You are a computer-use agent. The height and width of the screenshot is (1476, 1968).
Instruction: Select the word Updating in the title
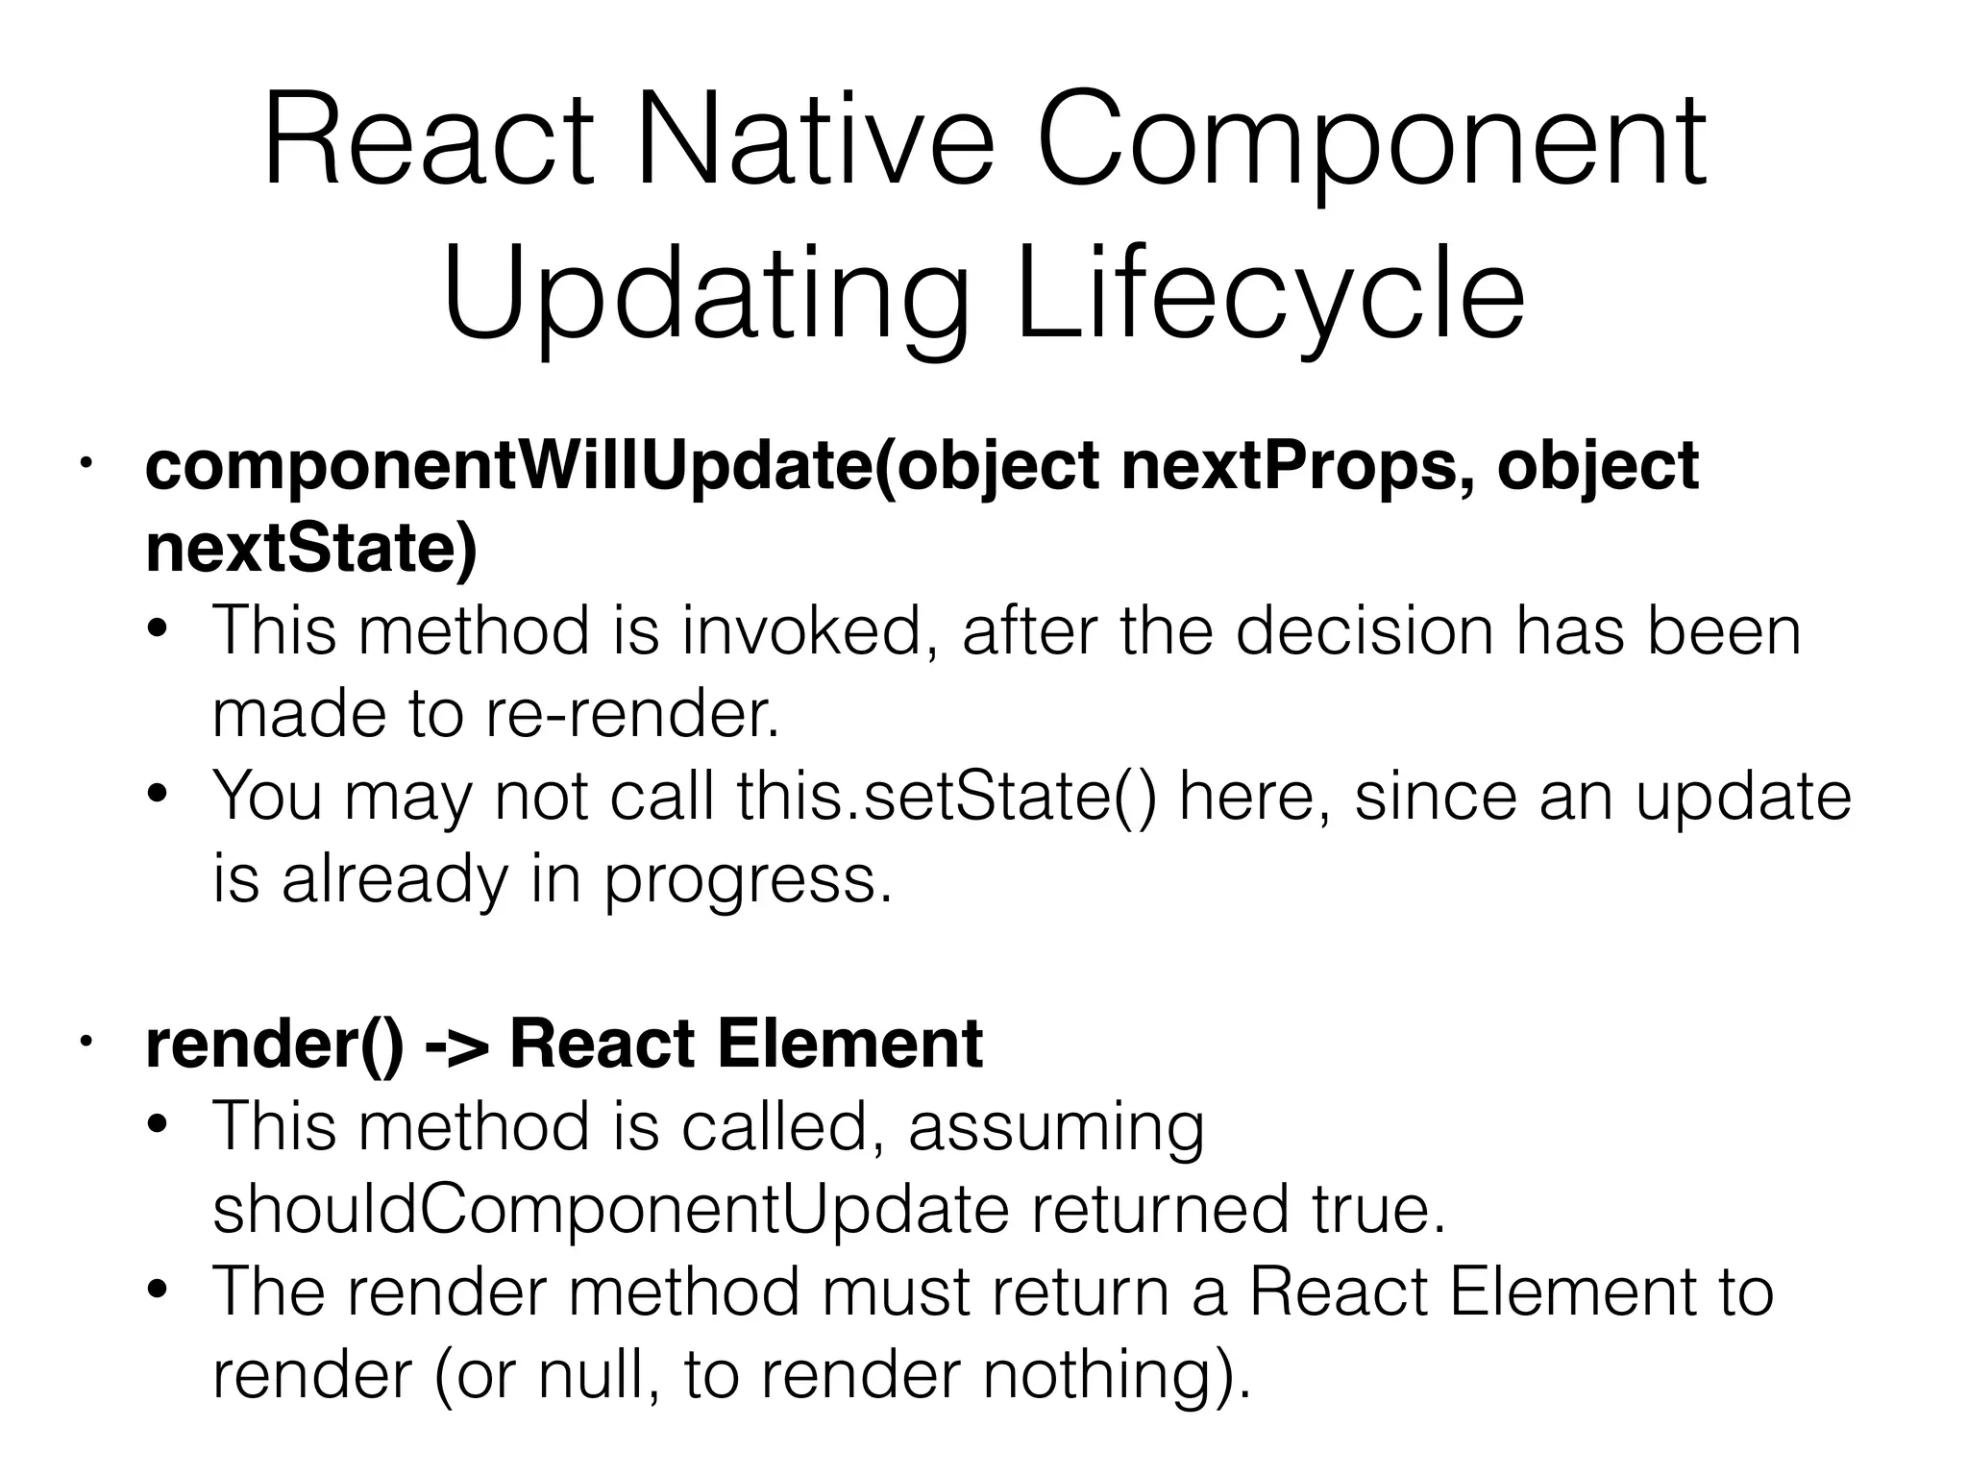(x=705, y=298)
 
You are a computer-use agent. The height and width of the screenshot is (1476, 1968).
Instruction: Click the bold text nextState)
(x=311, y=550)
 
